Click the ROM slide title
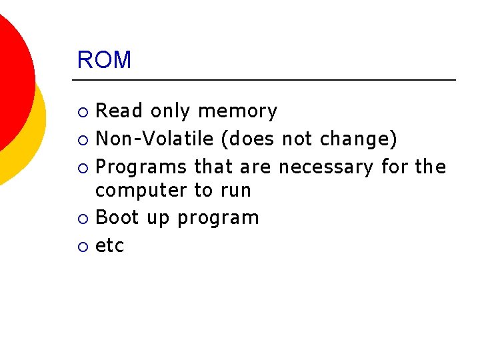tap(104, 60)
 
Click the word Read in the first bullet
tap(120, 111)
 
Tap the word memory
tap(238, 111)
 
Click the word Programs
tap(142, 167)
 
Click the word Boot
tap(118, 217)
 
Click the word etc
tap(110, 246)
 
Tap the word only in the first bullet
tap(171, 111)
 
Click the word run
tap(235, 191)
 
